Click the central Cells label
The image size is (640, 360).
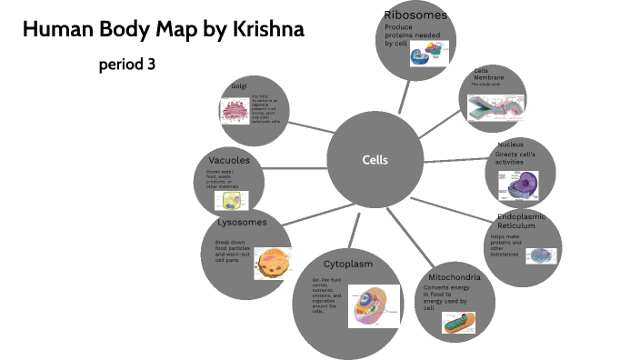(x=375, y=160)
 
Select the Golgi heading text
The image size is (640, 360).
(x=239, y=86)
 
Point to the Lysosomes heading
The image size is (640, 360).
(x=242, y=222)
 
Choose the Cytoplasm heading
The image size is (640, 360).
(x=348, y=264)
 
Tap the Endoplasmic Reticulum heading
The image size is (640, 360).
(x=526, y=222)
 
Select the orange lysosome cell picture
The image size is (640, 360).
(x=272, y=264)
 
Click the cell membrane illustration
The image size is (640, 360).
(x=495, y=107)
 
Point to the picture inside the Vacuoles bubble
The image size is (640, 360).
(x=230, y=201)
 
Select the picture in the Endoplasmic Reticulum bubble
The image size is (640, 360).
(x=543, y=255)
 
